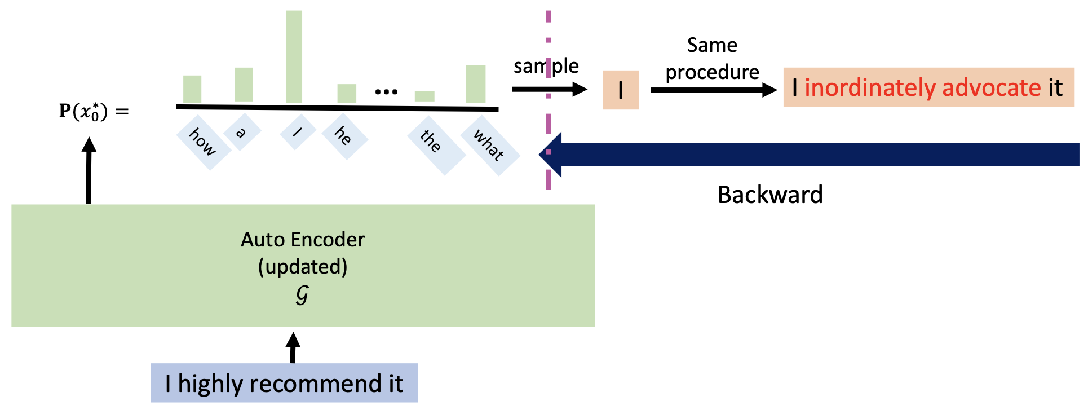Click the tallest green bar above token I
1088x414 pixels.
(294, 56)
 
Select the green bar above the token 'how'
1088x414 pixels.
(192, 89)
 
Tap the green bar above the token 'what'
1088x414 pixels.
(475, 84)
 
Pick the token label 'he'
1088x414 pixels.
(344, 136)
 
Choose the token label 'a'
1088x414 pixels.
(242, 133)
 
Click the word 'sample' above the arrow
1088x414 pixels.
(546, 66)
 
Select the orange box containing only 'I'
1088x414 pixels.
(620, 90)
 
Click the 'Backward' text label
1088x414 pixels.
(770, 195)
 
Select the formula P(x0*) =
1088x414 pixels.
(94, 112)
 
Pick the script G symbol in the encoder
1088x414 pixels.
(302, 294)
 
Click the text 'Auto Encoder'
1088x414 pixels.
(303, 240)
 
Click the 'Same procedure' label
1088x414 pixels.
(712, 59)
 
